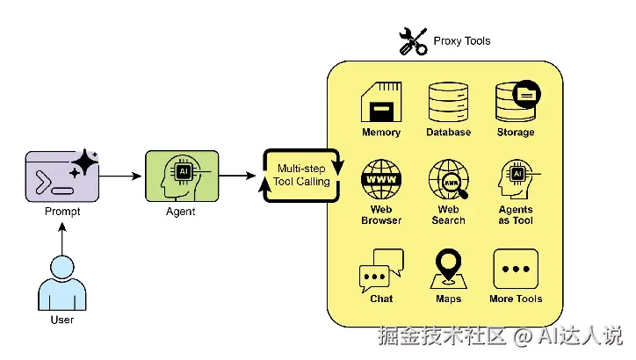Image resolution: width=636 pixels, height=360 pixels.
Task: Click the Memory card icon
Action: coord(380,102)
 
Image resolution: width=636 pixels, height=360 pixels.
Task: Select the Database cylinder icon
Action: coord(448,102)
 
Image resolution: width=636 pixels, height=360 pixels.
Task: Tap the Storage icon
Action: coord(516,102)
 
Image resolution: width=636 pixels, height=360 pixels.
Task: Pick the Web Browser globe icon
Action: coord(380,179)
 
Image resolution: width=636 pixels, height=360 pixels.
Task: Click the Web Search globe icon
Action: coord(448,179)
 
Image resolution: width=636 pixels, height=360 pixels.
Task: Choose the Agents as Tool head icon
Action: coord(516,179)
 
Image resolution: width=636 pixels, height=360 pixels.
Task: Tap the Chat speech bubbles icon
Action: coord(380,270)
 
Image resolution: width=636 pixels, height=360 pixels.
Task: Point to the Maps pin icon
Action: coord(448,268)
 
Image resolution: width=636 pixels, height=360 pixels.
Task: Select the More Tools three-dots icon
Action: coord(516,269)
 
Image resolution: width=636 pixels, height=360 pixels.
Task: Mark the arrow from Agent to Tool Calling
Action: coord(237,176)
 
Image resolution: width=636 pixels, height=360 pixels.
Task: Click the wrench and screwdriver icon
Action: coord(412,41)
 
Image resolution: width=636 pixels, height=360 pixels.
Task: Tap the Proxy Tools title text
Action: coord(462,40)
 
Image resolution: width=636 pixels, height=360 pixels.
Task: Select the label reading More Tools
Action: coord(516,299)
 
